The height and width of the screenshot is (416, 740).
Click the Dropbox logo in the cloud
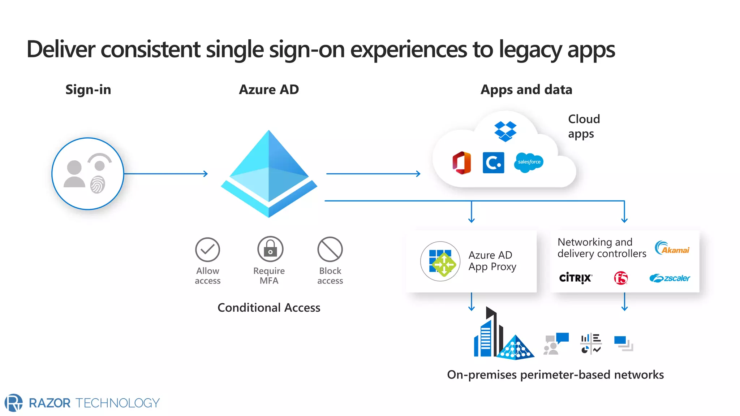tap(505, 131)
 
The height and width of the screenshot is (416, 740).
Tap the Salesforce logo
tap(529, 162)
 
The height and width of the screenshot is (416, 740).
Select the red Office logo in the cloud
tap(462, 163)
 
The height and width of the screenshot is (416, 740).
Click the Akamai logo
tap(672, 248)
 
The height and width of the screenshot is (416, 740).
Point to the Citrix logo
tap(575, 278)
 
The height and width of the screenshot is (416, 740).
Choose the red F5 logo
tap(621, 278)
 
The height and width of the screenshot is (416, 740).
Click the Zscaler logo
tap(670, 278)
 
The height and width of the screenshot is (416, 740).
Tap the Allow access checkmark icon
tap(207, 250)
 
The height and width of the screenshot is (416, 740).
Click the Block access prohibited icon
tap(330, 249)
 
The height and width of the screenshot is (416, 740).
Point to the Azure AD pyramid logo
tap(269, 174)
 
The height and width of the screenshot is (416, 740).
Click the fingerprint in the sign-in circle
tap(98, 184)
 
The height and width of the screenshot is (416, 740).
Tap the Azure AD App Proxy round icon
tap(440, 261)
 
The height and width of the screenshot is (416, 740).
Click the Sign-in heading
tap(88, 90)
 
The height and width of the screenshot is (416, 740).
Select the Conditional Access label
tap(269, 308)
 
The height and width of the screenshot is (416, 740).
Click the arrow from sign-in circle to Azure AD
tap(166, 174)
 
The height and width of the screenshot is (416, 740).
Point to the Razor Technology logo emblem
tap(13, 403)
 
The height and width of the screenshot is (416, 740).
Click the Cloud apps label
tap(584, 126)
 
